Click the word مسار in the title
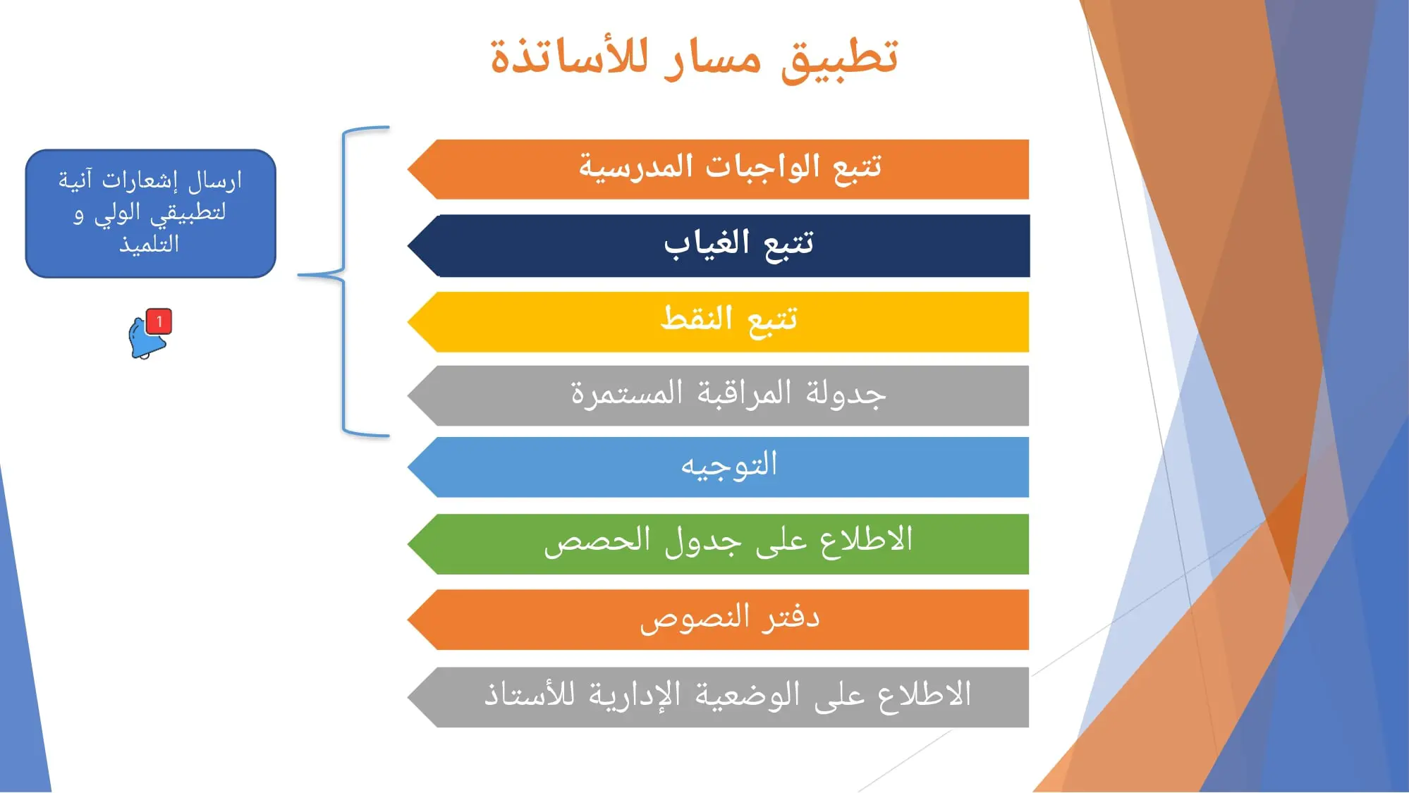coord(713,58)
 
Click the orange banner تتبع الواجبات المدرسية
coord(718,169)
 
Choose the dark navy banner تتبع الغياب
coord(718,245)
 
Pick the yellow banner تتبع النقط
coord(718,321)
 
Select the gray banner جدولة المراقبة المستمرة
coord(718,395)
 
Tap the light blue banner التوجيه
coord(718,467)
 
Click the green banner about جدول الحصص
coord(718,544)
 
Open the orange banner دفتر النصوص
coord(718,620)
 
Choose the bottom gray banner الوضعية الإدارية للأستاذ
coord(718,697)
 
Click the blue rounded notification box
coord(150,214)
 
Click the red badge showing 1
coord(159,321)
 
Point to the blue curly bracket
coord(344,281)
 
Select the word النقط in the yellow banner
coord(697,318)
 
